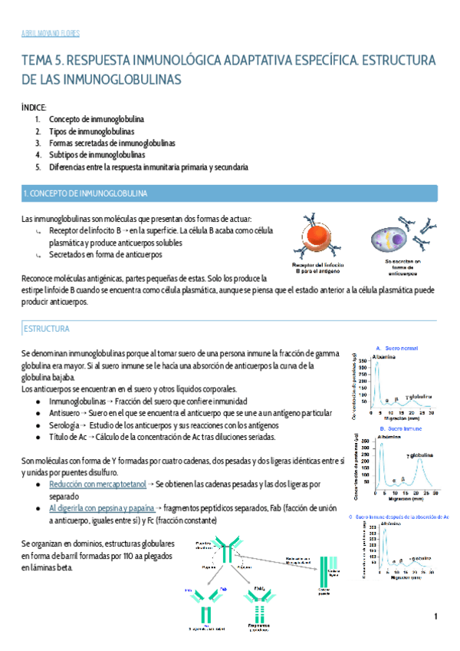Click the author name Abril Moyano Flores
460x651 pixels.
51,33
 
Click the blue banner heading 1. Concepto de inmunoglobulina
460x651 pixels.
85,193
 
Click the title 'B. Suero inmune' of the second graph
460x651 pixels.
398,428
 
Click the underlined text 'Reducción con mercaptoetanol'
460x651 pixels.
97,485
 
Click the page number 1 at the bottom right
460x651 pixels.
435,616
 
